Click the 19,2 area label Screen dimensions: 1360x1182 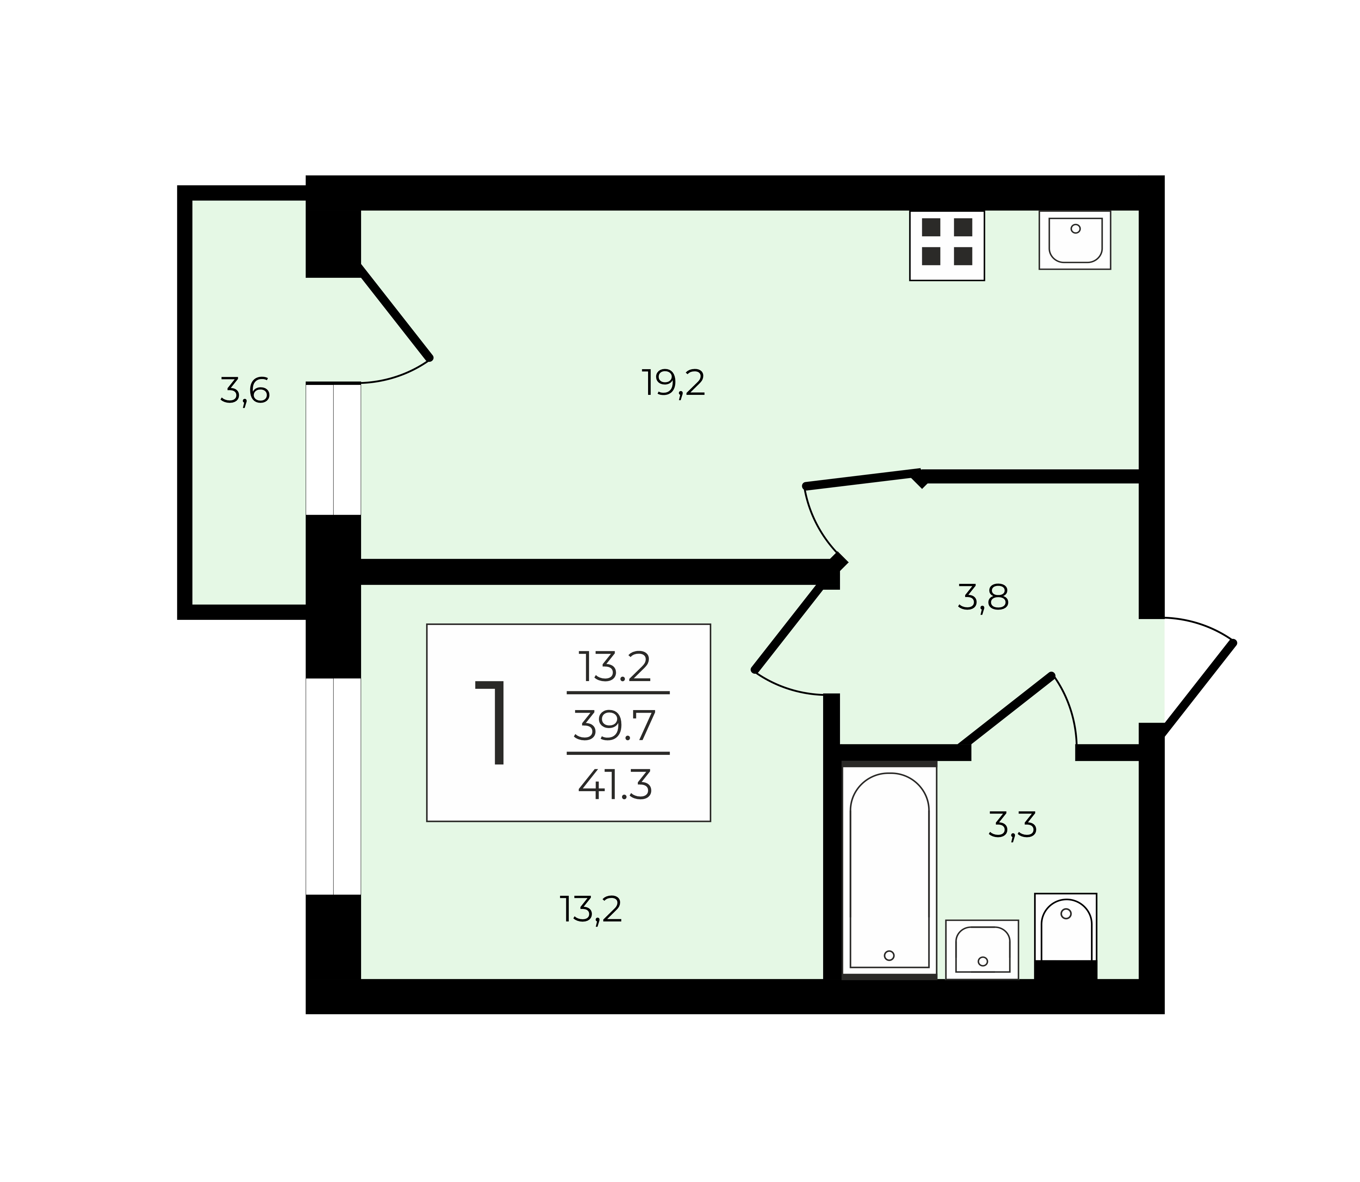[x=673, y=383]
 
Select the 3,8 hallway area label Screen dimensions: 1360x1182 [x=983, y=598]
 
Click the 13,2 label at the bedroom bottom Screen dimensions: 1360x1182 [x=591, y=910]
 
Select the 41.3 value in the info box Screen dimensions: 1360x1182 [x=615, y=785]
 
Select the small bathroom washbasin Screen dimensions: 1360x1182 [x=982, y=949]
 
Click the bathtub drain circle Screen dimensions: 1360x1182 [x=889, y=955]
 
